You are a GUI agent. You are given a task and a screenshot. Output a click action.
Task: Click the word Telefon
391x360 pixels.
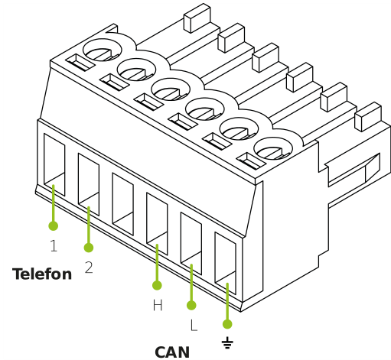pos(42,274)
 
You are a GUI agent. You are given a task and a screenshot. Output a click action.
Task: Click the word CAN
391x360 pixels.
pos(172,352)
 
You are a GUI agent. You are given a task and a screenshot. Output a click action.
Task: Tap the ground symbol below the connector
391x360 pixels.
pos(227,342)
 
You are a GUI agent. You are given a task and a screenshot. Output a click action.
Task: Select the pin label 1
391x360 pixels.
pos(54,246)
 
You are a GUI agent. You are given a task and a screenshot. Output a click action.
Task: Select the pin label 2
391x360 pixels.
pos(89,268)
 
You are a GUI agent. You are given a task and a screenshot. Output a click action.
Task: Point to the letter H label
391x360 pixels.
pos(158,305)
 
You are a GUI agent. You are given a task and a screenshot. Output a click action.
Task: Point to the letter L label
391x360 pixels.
pos(194,325)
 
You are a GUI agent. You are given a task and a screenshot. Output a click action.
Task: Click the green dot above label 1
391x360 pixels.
pos(54,225)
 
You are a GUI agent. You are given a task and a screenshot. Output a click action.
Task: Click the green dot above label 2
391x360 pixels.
pos(89,248)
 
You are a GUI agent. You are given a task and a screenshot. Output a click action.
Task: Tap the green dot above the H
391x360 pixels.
pos(157,285)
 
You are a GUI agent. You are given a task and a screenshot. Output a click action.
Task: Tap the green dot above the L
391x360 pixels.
pos(191,305)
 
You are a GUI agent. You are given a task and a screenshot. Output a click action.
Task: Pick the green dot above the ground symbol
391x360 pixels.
pos(227,324)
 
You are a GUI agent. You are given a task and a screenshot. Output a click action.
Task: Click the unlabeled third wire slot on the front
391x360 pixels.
pos(122,204)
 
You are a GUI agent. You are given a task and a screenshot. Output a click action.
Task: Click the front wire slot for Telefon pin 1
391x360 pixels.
pos(54,164)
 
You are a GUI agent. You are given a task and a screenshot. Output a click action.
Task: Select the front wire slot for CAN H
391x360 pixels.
pos(157,223)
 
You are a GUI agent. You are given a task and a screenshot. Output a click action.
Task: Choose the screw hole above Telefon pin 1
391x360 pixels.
pos(103,50)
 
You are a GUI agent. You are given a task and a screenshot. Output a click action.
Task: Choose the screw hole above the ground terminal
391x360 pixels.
pos(273,148)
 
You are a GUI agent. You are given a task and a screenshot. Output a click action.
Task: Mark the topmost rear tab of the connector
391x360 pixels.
pos(197,18)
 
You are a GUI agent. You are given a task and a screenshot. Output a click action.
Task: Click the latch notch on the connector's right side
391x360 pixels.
pos(354,170)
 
